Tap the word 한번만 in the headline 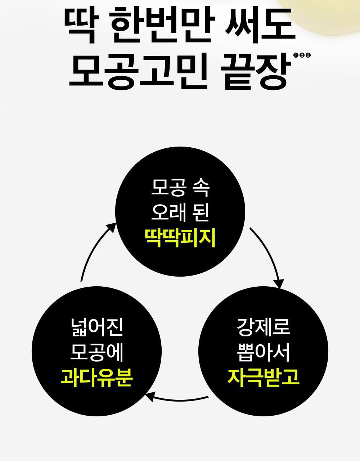click(x=163, y=25)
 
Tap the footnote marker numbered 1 click(x=296, y=55)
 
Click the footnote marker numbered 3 click(x=308, y=55)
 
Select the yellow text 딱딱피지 click(x=180, y=238)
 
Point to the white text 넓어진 click(x=97, y=327)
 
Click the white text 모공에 click(x=97, y=352)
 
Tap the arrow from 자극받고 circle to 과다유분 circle click(x=177, y=400)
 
